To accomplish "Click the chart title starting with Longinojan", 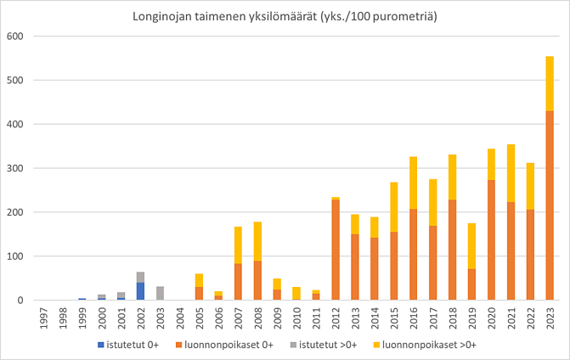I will tap(285, 17).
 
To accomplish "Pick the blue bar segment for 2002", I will tap(140, 291).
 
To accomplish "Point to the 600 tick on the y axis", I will tap(14, 37).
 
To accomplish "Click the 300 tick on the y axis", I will tap(14, 168).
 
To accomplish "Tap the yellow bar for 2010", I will tap(296, 293).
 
